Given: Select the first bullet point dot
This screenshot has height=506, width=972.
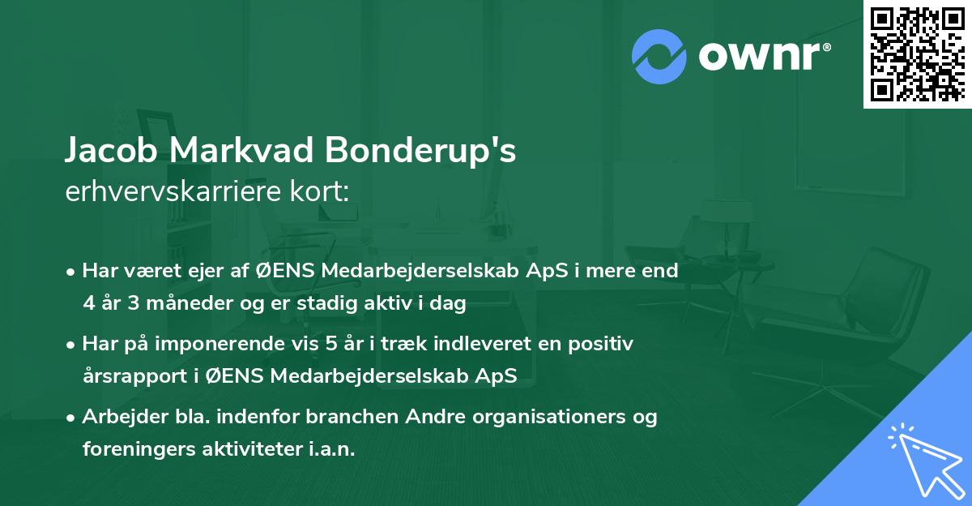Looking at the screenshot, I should (x=72, y=272).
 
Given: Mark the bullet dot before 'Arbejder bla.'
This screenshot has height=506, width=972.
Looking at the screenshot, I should (x=72, y=418).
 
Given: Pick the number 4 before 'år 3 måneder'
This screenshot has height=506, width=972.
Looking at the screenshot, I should (x=88, y=304).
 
